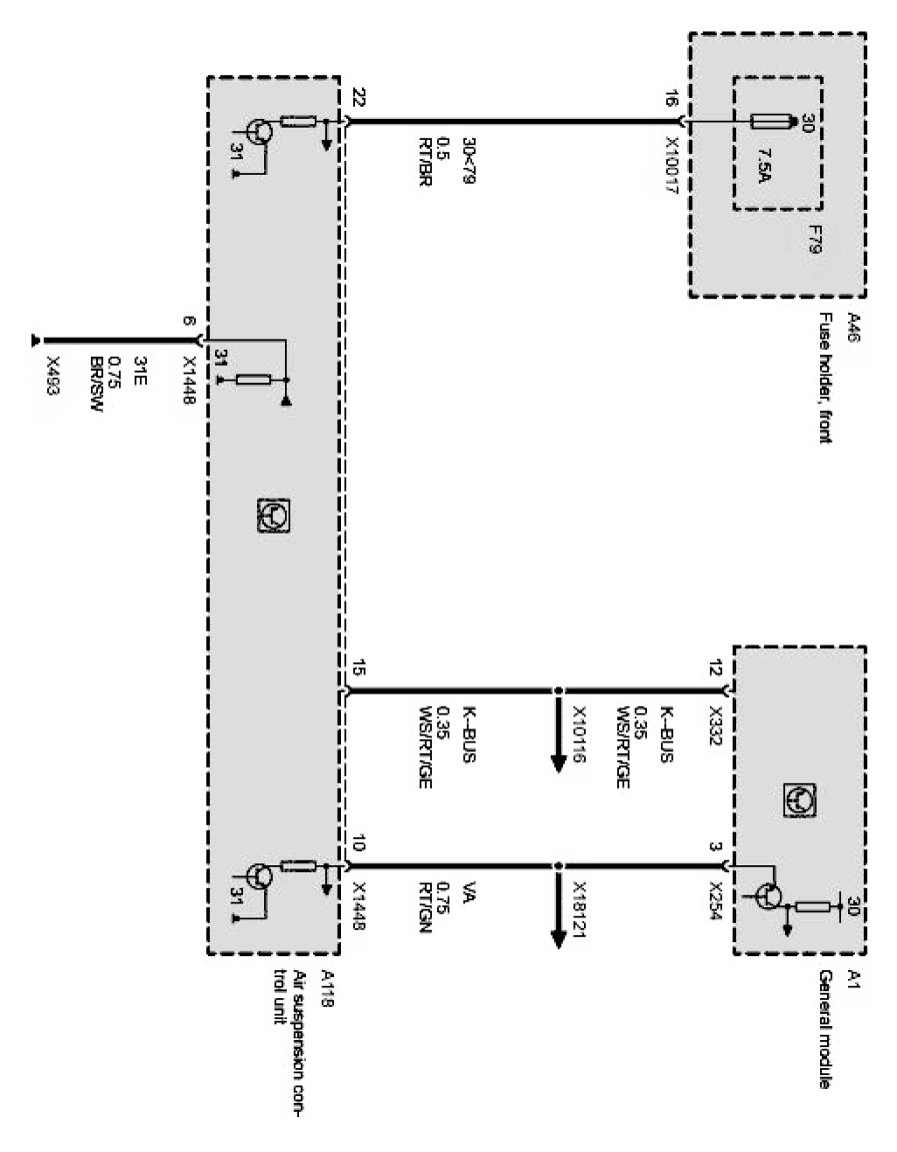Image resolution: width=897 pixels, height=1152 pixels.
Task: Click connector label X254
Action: (x=713, y=898)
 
